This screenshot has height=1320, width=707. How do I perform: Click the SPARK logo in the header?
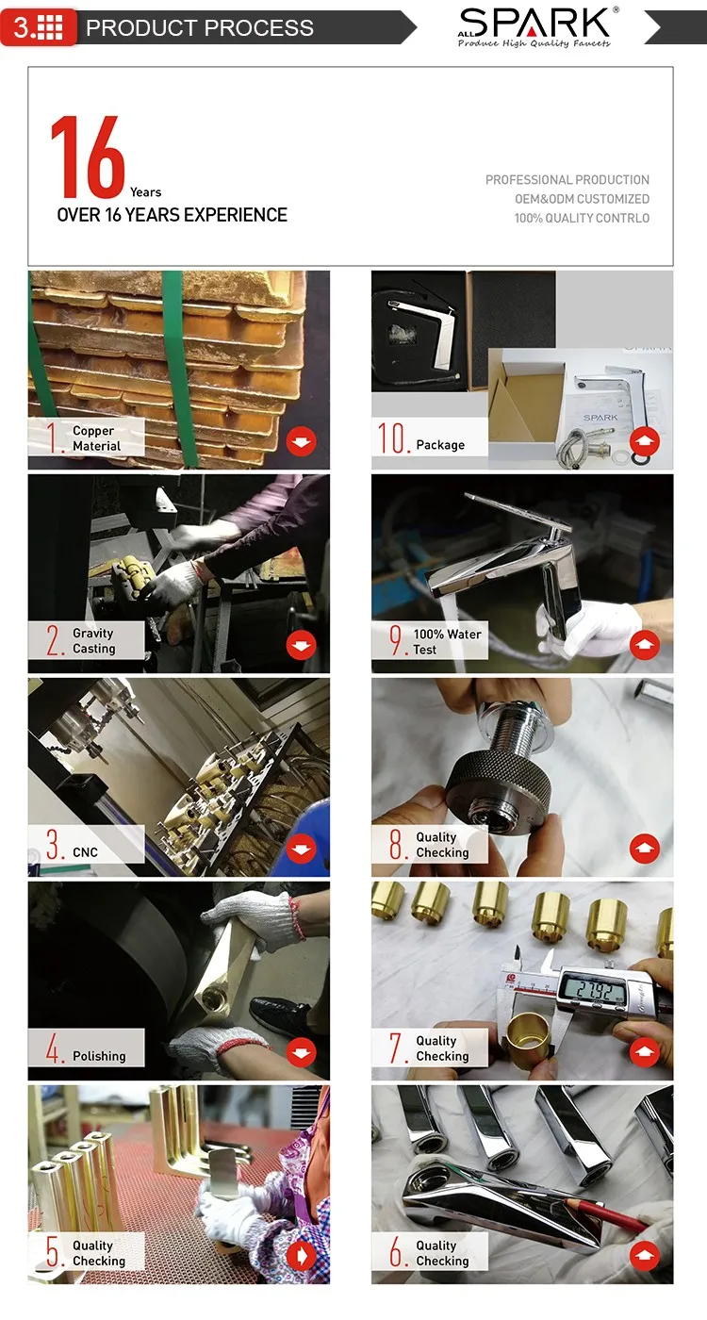coord(535,27)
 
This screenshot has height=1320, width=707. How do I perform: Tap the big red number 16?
coord(88,157)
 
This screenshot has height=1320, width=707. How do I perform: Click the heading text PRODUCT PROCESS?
coord(200,27)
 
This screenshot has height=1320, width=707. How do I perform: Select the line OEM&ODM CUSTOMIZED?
coord(583,199)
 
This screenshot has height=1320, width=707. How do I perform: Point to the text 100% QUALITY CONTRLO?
coord(583,218)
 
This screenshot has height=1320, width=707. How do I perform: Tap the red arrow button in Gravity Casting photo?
coord(301,645)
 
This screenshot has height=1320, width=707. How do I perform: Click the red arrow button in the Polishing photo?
coord(301,1052)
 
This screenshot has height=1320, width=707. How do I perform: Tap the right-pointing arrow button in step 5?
coord(301,1256)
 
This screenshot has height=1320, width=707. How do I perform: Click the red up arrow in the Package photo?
coord(645,441)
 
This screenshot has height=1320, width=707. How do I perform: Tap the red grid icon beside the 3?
coord(50,27)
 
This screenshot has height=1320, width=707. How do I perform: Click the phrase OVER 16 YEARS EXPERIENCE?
coord(172,215)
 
